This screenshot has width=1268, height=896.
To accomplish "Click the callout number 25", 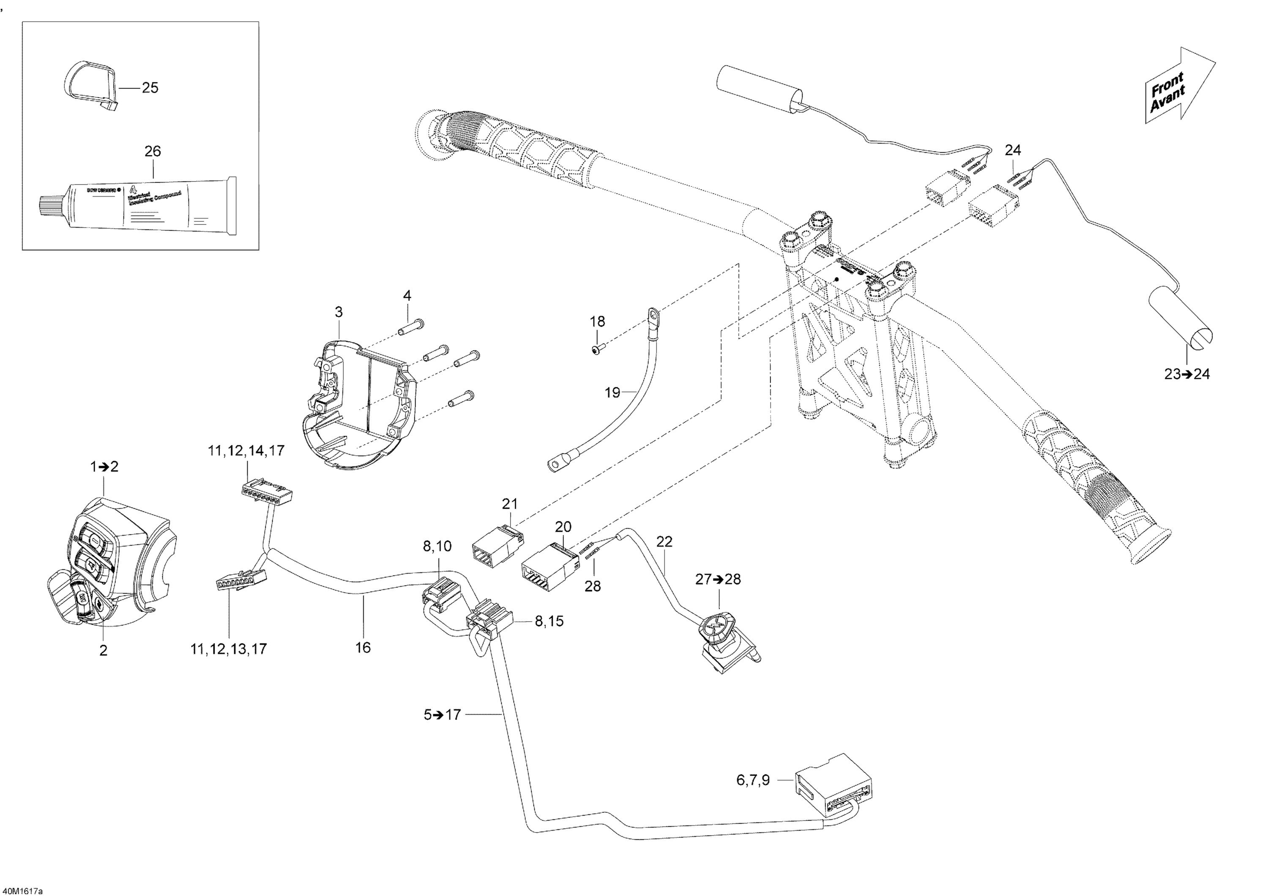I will point(150,88).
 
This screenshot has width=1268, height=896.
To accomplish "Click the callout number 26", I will point(153,151).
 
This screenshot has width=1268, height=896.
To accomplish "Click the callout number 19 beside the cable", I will point(612,392).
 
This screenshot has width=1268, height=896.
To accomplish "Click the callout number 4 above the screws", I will point(407,295).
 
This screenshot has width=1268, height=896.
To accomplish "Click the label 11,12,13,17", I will point(228,650).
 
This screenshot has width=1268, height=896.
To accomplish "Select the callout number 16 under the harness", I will point(363,648).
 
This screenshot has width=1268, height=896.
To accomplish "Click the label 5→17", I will point(442,715).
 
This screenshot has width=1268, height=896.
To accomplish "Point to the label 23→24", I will point(1187,374).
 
